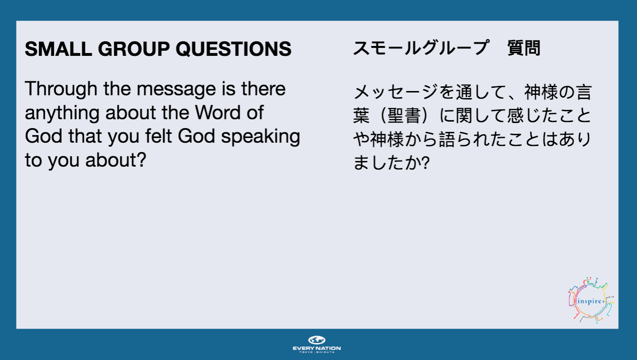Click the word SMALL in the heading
58,49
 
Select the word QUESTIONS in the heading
234,49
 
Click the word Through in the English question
61,89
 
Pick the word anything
62,113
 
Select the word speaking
260,137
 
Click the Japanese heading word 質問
523,48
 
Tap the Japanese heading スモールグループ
421,48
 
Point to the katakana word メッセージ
395,92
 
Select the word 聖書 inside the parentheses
404,115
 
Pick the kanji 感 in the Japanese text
516,115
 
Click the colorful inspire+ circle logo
591,300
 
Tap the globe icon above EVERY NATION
317,340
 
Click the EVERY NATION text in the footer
317,348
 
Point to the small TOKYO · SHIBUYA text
317,352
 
